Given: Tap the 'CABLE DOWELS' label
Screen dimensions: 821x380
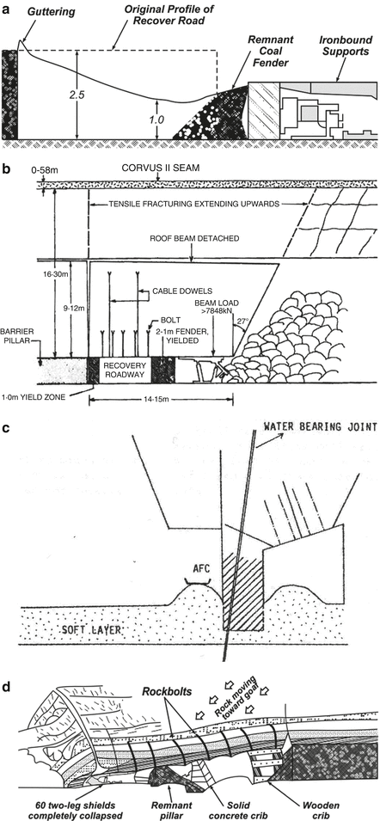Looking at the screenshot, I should coord(161,292).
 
